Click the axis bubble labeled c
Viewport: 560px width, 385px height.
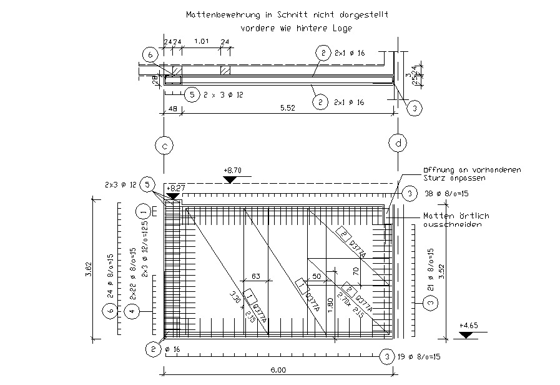164,146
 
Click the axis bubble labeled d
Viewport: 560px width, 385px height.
398,144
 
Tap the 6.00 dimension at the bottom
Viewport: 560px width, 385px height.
278,370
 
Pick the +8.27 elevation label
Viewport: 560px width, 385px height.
175,187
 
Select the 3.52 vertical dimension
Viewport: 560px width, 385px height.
441,271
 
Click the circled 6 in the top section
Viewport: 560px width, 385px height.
150,55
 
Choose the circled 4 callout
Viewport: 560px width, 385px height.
132,311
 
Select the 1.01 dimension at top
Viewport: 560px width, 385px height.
202,41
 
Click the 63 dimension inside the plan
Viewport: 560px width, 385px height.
255,275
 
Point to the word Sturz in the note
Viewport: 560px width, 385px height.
436,177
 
